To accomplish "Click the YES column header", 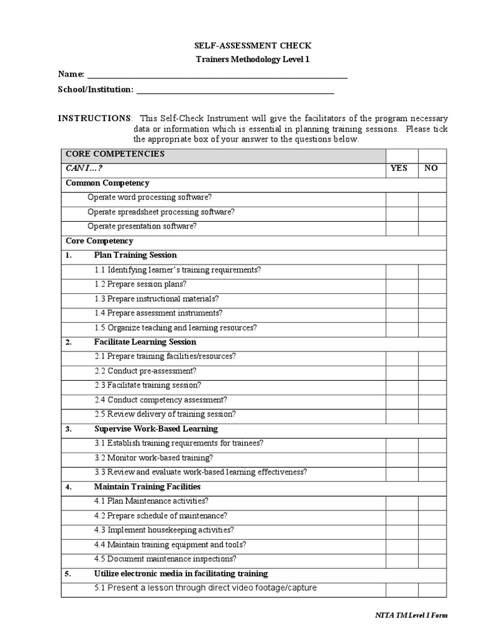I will (399, 168).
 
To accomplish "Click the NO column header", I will (430, 168).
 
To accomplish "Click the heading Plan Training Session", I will (135, 255).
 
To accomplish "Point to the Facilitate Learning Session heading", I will (145, 342).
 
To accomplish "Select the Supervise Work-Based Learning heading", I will (156, 429).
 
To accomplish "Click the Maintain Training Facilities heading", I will (147, 487).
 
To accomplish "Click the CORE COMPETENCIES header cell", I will (115, 154).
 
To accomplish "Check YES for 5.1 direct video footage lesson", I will (401, 589).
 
